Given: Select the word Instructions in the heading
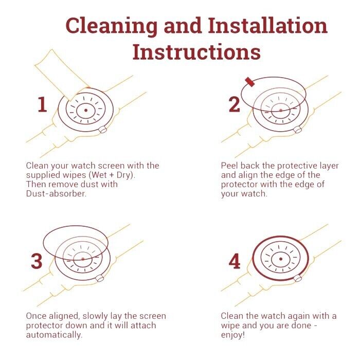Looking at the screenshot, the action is (196, 52).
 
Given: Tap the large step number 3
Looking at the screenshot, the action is (37, 261).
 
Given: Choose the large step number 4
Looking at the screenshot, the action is (235, 261).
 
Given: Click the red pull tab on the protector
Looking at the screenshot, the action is (250, 82).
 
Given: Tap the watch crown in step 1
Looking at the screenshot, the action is (103, 130).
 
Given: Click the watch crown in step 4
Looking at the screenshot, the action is (298, 278).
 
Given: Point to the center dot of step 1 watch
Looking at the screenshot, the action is (86, 111).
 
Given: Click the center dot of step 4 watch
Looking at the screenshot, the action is (281, 259).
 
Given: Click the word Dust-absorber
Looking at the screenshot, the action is (56, 193).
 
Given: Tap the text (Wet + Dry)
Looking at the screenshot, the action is (112, 175).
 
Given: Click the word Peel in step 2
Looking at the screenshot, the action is (229, 166).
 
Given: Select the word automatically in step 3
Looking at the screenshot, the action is (54, 335).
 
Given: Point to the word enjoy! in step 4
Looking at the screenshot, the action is (233, 335).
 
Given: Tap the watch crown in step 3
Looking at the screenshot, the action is (100, 278).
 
